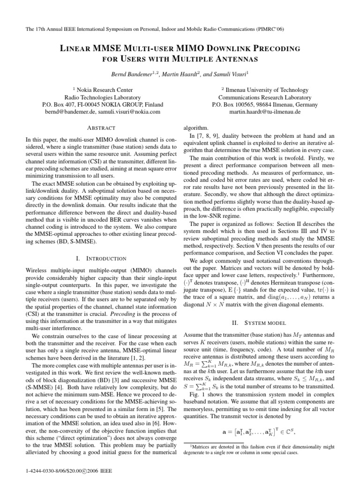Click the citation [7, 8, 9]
click(x=204, y=135)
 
